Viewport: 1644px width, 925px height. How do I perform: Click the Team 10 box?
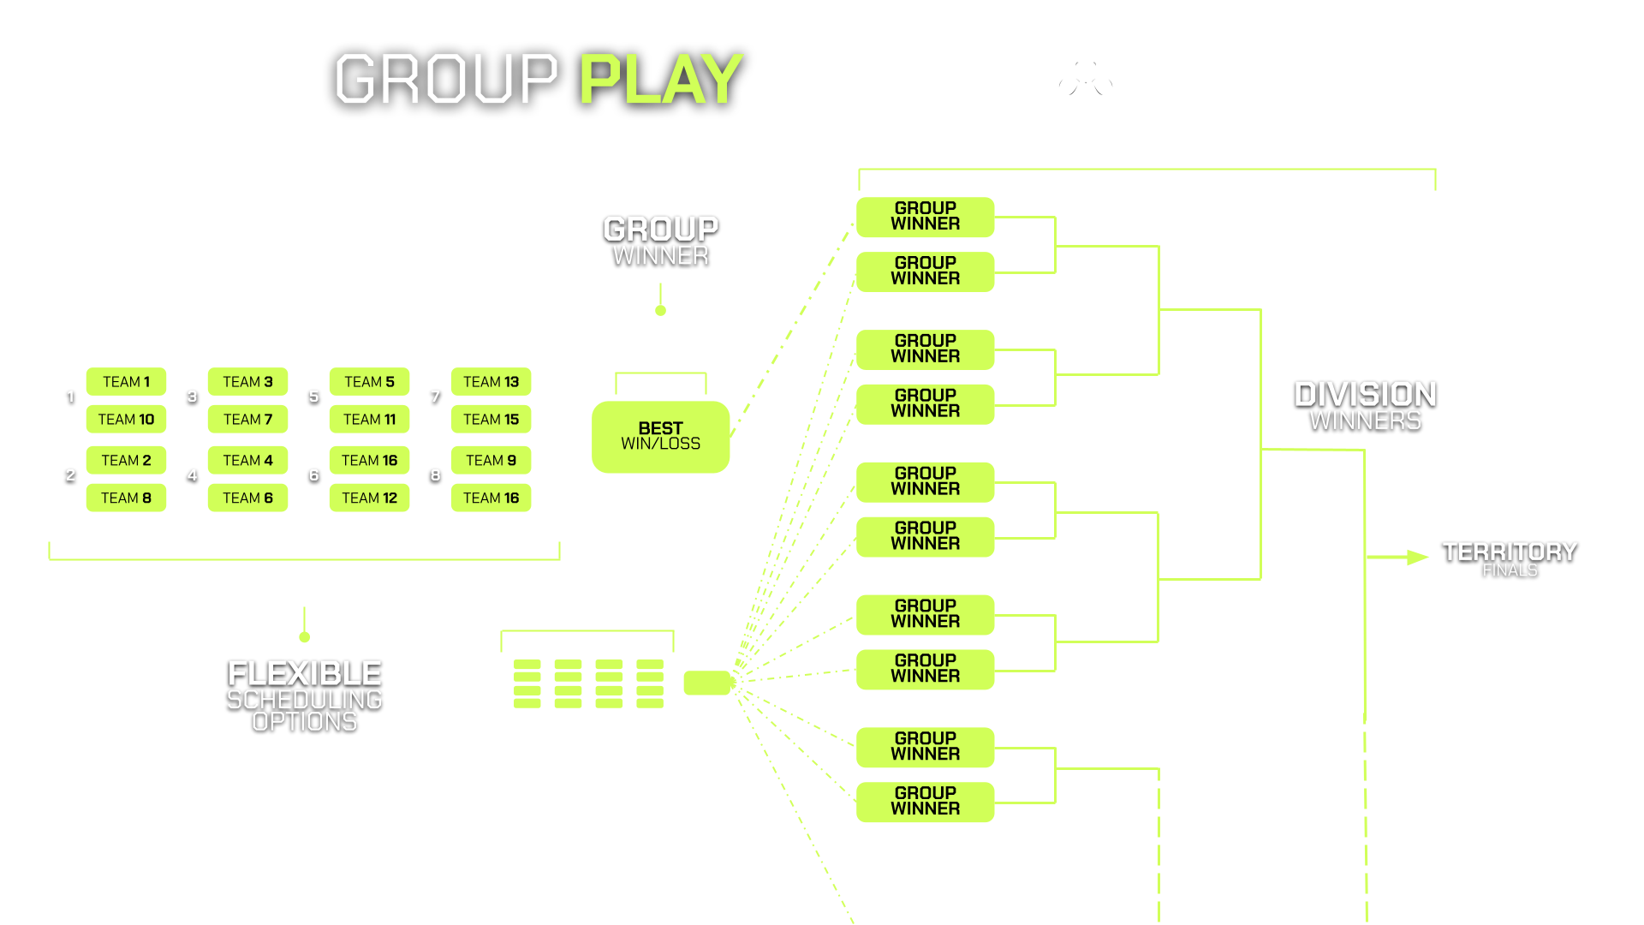[126, 419]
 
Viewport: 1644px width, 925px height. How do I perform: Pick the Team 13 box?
[491, 382]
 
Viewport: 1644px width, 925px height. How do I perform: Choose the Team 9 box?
[491, 460]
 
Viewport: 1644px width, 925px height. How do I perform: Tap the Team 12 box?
[369, 498]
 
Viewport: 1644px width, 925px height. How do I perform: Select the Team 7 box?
[247, 419]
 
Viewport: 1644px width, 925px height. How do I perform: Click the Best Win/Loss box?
[660, 436]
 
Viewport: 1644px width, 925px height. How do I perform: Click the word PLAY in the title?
[661, 80]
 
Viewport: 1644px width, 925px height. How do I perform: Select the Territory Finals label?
[1510, 558]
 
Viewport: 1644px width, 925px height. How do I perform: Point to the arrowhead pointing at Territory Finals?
[1417, 558]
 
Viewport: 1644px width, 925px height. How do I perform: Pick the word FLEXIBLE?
[305, 673]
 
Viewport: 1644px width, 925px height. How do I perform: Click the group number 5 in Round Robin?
[313, 397]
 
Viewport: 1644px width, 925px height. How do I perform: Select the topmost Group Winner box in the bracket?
[925, 217]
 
